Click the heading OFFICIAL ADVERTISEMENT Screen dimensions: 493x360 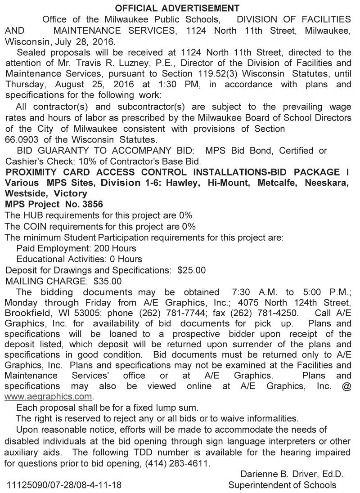click(177, 8)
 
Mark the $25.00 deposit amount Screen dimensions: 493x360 click(192, 270)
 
